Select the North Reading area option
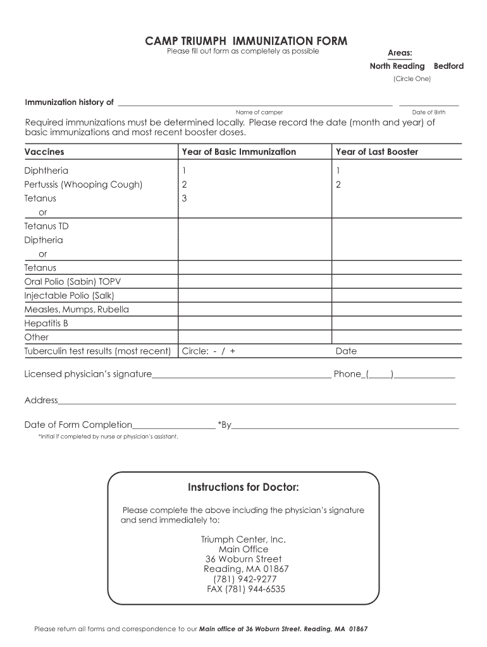click(397, 66)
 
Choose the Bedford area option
click(448, 66)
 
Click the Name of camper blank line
click(255, 104)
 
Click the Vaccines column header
click(44, 152)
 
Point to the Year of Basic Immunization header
click(238, 152)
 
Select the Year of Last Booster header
click(376, 152)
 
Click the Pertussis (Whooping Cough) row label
click(83, 184)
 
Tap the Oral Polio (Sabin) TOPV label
click(68, 282)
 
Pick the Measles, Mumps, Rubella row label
click(77, 310)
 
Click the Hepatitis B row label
click(46, 323)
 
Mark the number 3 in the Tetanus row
click(184, 198)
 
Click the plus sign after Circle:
click(233, 351)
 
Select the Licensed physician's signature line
click(241, 377)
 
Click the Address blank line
click(257, 402)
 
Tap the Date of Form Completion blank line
click(174, 427)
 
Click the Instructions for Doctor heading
click(243, 488)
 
